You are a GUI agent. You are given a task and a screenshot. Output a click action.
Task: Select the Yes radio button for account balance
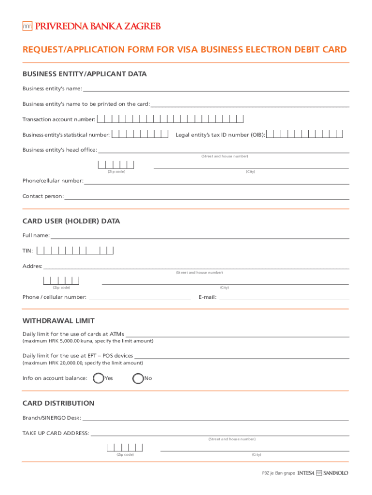pos(98,378)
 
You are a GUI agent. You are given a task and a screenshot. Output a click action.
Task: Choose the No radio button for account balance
pos(138,378)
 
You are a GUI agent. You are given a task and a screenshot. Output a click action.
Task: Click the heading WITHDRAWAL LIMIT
pos(58,320)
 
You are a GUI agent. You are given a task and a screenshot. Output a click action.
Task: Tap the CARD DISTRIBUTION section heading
pos(58,403)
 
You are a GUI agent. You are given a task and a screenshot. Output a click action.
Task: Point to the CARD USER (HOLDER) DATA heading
pos(71,221)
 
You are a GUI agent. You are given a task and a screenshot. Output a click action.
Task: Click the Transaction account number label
pos(59,119)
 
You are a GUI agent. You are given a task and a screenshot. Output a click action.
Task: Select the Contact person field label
pos(43,196)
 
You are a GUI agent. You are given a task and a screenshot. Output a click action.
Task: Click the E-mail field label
pos(207,297)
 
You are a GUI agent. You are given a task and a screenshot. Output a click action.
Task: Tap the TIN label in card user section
pos(28,251)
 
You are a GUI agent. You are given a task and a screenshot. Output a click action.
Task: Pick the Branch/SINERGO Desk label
pos(52,418)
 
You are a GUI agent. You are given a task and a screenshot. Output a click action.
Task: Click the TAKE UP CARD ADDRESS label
pos(56,433)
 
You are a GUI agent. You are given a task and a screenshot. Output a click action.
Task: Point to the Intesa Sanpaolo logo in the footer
pos(323,473)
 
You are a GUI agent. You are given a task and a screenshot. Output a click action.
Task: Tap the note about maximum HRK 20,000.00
pos(83,363)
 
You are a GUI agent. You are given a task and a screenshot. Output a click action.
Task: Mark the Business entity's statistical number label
pos(66,135)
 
